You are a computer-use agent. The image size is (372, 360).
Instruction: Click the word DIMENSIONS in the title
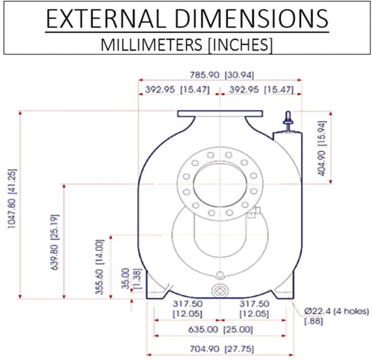pos(251,20)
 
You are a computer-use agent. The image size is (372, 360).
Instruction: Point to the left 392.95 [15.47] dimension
pos(177,90)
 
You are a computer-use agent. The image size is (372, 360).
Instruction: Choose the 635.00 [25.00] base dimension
pos(220,330)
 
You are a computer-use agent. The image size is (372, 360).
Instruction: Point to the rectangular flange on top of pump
pos(220,115)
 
